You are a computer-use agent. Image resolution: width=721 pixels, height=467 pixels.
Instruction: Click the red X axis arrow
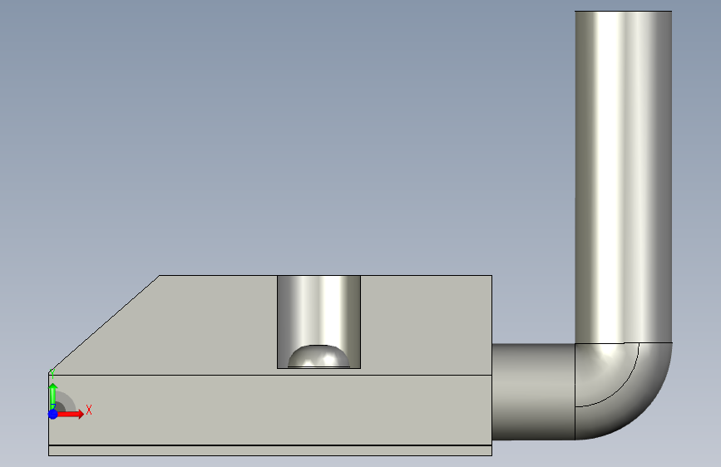pyautogui.click(x=69, y=414)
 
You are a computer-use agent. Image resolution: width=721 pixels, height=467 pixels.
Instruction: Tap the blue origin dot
pyautogui.click(x=53, y=414)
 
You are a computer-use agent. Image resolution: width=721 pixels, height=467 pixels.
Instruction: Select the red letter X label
pyautogui.click(x=89, y=410)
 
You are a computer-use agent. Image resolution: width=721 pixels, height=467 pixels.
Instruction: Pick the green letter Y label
pyautogui.click(x=52, y=373)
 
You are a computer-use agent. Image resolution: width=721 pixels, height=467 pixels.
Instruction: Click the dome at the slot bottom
pyautogui.click(x=319, y=356)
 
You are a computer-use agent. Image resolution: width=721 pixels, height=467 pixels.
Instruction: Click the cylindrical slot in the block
pyautogui.click(x=319, y=312)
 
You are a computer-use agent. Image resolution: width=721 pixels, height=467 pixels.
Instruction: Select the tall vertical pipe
pyautogui.click(x=623, y=177)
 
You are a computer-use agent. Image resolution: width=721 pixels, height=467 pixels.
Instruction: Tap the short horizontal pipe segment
pyautogui.click(x=533, y=391)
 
